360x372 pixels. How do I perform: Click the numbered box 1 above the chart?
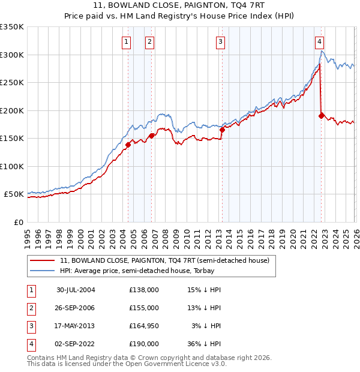(127, 41)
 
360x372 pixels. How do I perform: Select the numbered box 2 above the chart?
(149, 41)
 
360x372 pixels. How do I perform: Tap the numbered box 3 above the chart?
(221, 41)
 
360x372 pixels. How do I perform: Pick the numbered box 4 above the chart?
(319, 41)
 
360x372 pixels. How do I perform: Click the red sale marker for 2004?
(128, 145)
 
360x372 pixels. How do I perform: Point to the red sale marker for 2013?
(222, 129)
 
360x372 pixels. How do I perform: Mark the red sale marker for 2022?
(322, 115)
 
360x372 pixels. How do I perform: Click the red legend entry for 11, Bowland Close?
(165, 261)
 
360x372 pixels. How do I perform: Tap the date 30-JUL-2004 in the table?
(76, 290)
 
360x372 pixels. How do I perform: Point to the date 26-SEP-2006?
(76, 308)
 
